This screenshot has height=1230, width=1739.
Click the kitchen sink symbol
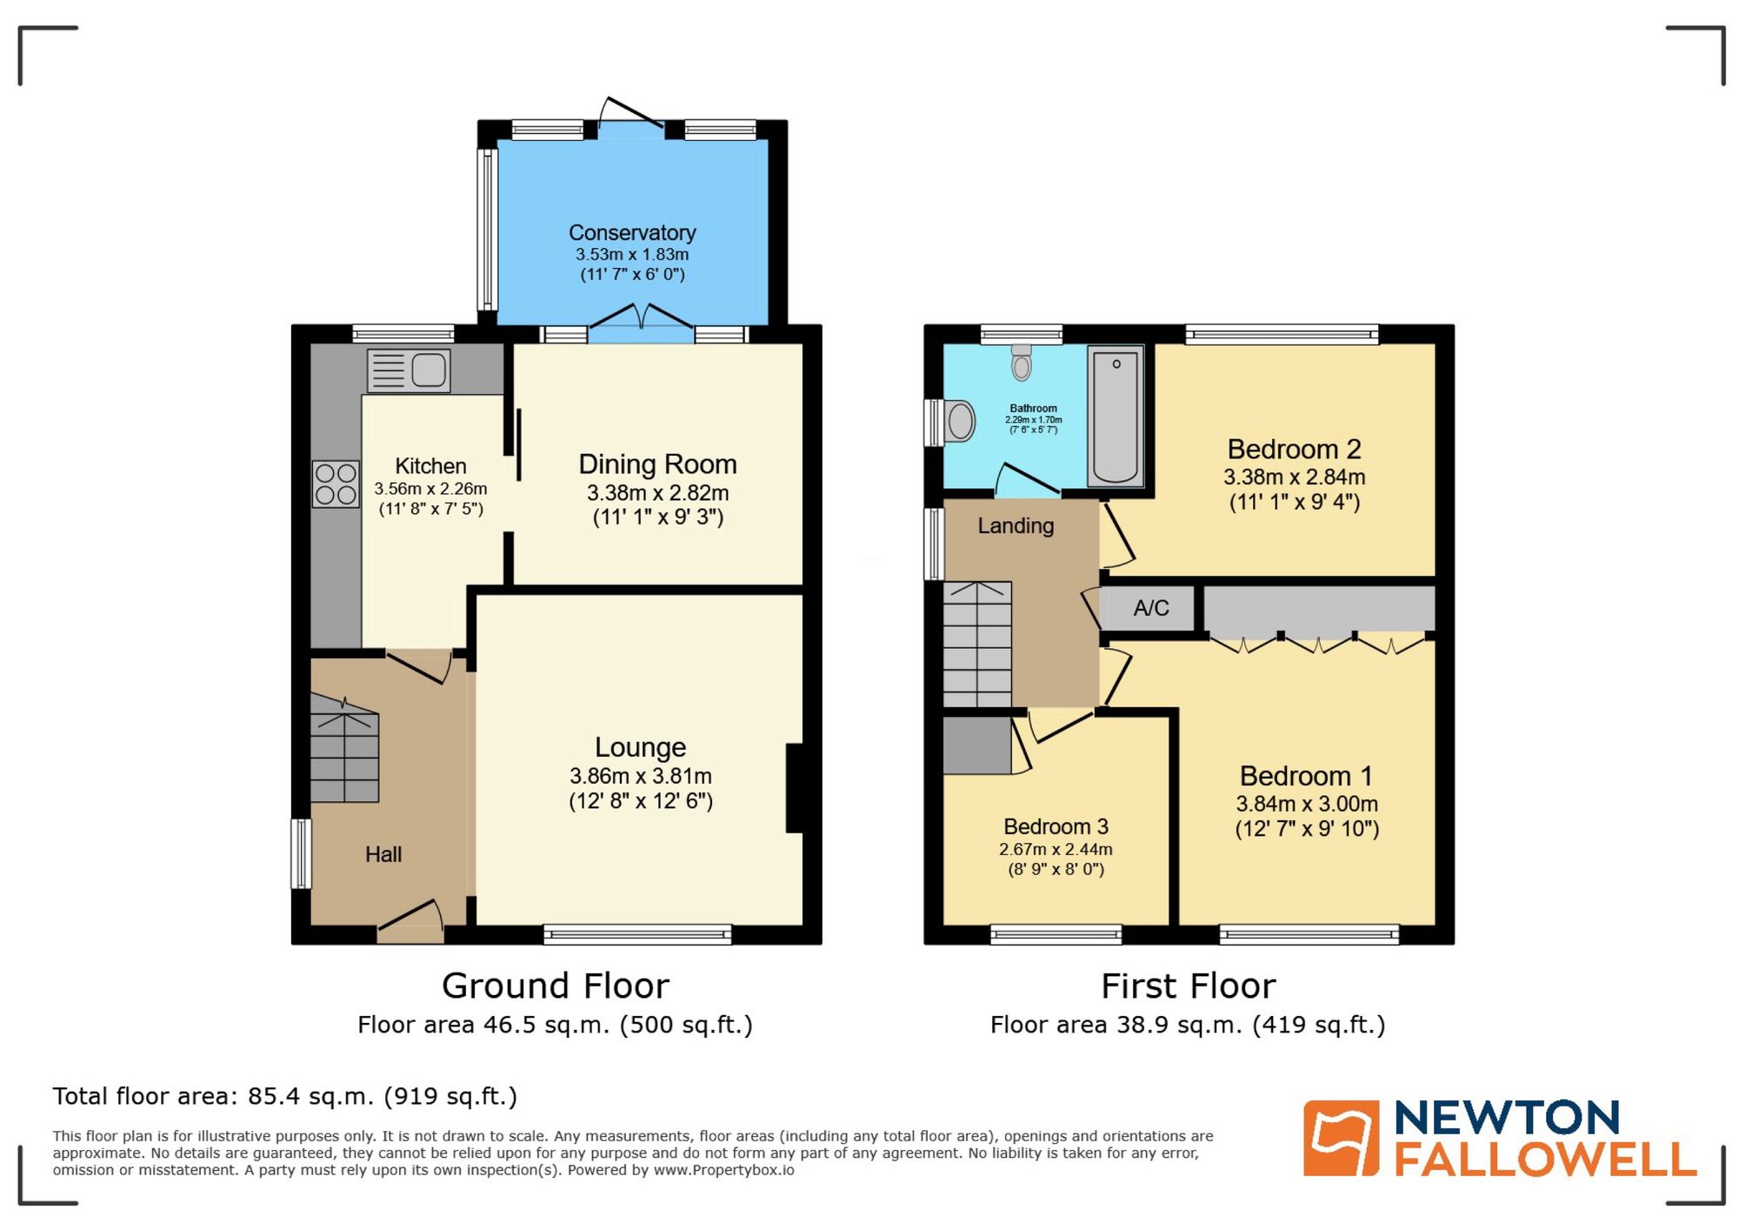pyautogui.click(x=409, y=371)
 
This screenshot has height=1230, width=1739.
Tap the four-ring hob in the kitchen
pyautogui.click(x=336, y=485)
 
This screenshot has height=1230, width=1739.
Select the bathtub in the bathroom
pyautogui.click(x=1116, y=416)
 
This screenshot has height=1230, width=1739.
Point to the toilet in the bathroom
pyautogui.click(x=1022, y=363)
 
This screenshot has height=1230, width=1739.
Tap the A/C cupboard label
pyautogui.click(x=1150, y=608)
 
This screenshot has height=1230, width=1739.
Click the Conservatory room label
pyautogui.click(x=632, y=232)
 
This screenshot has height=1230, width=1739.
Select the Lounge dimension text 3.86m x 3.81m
pyautogui.click(x=641, y=776)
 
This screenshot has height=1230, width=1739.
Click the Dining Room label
pyautogui.click(x=657, y=464)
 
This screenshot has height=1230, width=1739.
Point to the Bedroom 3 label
pyautogui.click(x=1056, y=826)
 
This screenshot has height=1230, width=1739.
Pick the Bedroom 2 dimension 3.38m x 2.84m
pyautogui.click(x=1294, y=477)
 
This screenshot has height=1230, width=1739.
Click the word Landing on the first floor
pyautogui.click(x=1016, y=525)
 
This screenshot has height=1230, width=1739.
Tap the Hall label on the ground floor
pyautogui.click(x=383, y=854)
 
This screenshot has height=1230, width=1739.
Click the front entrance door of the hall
pyautogui.click(x=411, y=922)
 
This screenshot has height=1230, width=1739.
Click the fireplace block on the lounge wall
pyautogui.click(x=794, y=787)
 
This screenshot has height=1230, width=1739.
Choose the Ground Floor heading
pyautogui.click(x=555, y=986)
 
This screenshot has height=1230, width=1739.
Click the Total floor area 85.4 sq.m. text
pyautogui.click(x=284, y=1096)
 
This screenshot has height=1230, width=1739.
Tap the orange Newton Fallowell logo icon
pyautogui.click(x=1340, y=1138)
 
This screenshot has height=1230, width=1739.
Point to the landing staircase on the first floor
pyautogui.click(x=977, y=644)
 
